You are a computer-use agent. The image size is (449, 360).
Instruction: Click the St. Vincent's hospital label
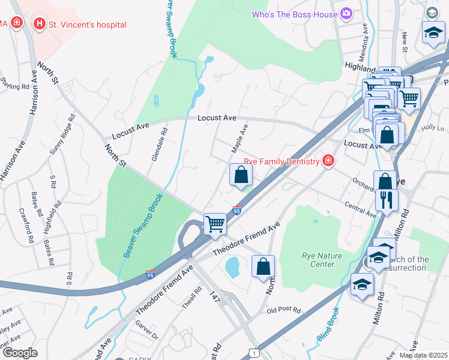coord(88,25)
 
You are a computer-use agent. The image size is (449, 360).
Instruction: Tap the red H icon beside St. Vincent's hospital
coord(40,24)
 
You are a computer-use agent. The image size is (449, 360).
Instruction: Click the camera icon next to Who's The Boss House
coord(346,13)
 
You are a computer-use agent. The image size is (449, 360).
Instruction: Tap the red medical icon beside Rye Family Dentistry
coord(328,160)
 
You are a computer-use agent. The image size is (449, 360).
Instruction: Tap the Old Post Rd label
coord(283,310)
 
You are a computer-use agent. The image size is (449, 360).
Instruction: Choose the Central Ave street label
coord(361,209)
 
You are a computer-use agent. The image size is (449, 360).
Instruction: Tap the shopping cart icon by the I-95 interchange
coord(215,224)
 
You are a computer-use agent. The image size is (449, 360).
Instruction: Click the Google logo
coord(20,353)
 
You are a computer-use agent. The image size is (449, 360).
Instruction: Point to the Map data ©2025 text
coord(423,355)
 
